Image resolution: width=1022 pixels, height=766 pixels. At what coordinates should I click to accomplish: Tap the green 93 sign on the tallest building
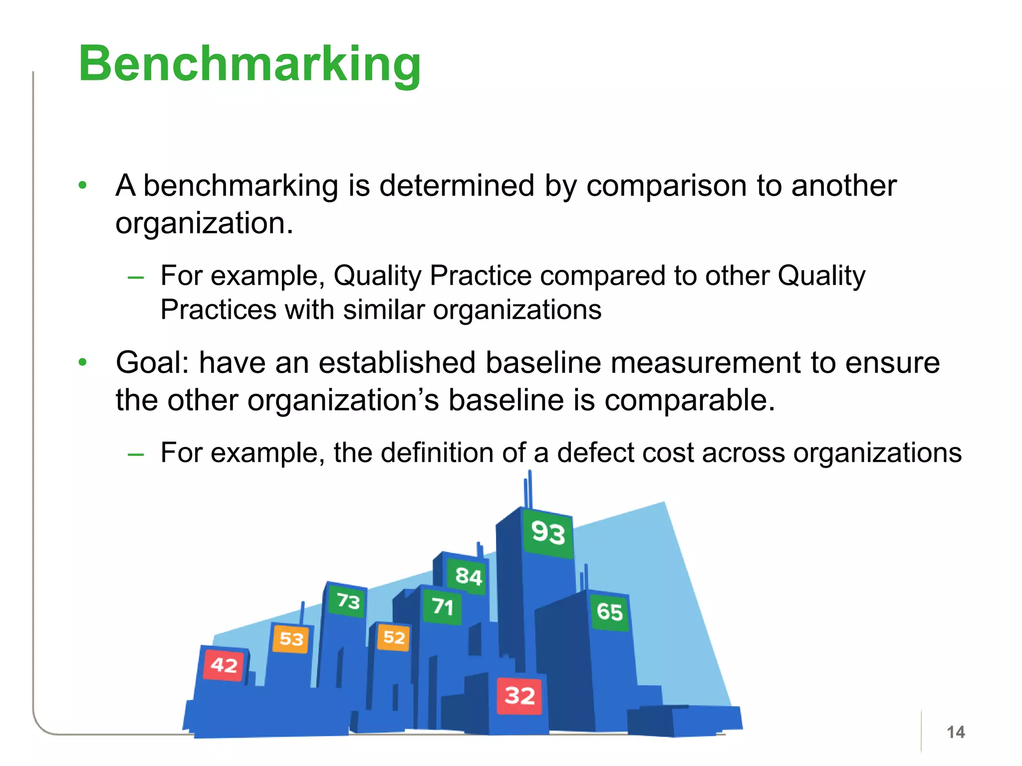tap(548, 533)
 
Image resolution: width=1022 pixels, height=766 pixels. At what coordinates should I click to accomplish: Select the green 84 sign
tap(468, 576)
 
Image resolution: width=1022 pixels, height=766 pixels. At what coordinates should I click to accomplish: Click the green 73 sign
tap(348, 601)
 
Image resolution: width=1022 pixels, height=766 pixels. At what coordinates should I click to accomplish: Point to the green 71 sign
tap(442, 606)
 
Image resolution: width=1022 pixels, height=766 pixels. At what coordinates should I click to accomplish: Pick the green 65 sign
tap(609, 612)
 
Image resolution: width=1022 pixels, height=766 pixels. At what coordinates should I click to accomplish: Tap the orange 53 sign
tap(291, 638)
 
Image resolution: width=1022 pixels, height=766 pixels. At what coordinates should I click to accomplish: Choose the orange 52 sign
tap(394, 637)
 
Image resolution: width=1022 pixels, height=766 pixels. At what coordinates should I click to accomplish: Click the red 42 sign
tap(224, 665)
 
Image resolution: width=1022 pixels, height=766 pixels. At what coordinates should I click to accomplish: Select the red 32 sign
tap(519, 696)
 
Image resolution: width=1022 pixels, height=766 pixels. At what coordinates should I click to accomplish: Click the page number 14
tap(955, 732)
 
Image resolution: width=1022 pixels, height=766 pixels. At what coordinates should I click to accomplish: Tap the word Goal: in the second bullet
tap(152, 363)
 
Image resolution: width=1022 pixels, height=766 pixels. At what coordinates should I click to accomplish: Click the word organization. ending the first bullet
tap(204, 223)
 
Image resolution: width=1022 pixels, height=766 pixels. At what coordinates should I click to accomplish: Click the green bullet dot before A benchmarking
tap(83, 186)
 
